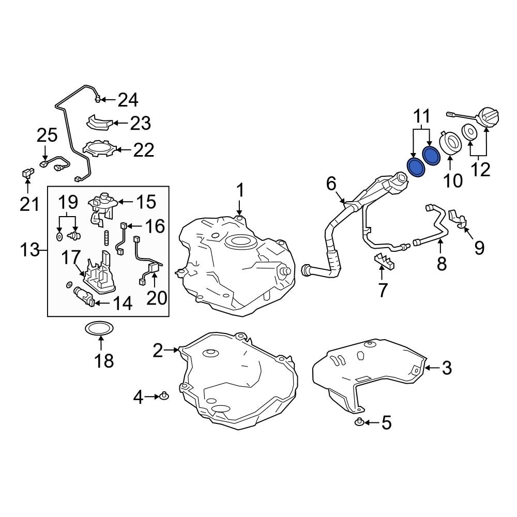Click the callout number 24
(x=128, y=100)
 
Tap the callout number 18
(x=104, y=360)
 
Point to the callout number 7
(x=383, y=290)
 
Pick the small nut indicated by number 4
(x=164, y=396)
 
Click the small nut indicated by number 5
(x=359, y=421)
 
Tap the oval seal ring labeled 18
(x=100, y=328)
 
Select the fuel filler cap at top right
(x=489, y=119)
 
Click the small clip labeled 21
(x=28, y=173)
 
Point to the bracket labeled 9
(x=459, y=218)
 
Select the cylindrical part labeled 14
(x=84, y=295)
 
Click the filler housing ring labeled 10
(x=450, y=143)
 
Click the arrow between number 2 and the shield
(x=171, y=350)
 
